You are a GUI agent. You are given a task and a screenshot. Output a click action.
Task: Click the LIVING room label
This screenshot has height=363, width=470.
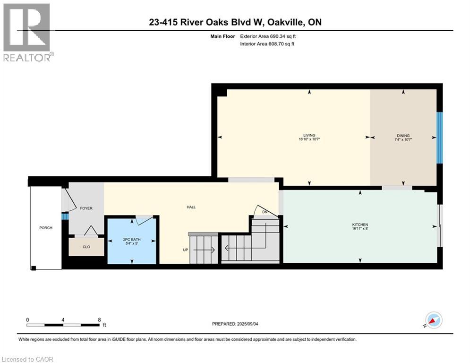(309, 135)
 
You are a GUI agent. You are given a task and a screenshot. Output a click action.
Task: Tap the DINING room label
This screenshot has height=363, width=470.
(403, 136)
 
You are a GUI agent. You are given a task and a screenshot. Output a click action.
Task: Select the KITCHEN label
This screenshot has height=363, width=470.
(360, 225)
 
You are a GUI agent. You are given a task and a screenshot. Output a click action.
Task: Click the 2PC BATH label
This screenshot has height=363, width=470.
(132, 239)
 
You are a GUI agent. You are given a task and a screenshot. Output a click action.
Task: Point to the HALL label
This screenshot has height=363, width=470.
(191, 207)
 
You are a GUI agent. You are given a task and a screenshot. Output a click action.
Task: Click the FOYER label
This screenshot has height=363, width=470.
(86, 208)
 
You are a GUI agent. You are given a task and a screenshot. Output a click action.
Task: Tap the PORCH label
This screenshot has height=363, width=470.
(46, 228)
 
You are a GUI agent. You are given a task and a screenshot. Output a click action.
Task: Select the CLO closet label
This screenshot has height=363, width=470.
(86, 247)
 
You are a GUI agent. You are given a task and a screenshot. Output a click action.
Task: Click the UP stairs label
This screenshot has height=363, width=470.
(186, 250)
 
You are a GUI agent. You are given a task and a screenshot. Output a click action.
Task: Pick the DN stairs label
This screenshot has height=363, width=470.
(265, 212)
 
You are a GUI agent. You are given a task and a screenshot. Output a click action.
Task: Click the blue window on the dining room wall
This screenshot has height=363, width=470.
(439, 138)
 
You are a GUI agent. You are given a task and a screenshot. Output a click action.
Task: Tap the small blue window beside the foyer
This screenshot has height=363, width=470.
(65, 216)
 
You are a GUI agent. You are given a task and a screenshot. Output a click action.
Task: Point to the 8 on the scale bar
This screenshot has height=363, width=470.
(100, 320)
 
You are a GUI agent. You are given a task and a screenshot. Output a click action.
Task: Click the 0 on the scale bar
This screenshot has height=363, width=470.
(27, 320)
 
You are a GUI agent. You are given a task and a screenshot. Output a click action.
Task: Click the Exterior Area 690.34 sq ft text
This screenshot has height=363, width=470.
(268, 36)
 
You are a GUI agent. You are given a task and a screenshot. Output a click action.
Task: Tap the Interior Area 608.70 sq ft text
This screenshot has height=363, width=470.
(267, 44)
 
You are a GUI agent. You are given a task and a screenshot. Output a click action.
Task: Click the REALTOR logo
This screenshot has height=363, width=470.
(28, 32)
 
